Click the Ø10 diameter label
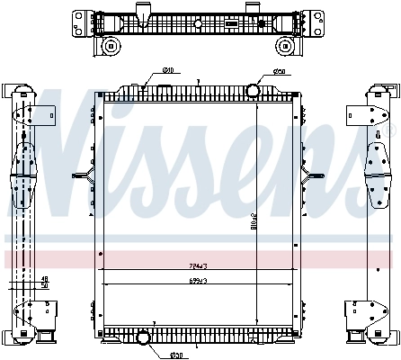click(168, 72)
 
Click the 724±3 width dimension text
click(198, 267)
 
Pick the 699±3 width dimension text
click(198, 282)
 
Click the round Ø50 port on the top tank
click(252, 90)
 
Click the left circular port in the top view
click(111, 46)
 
